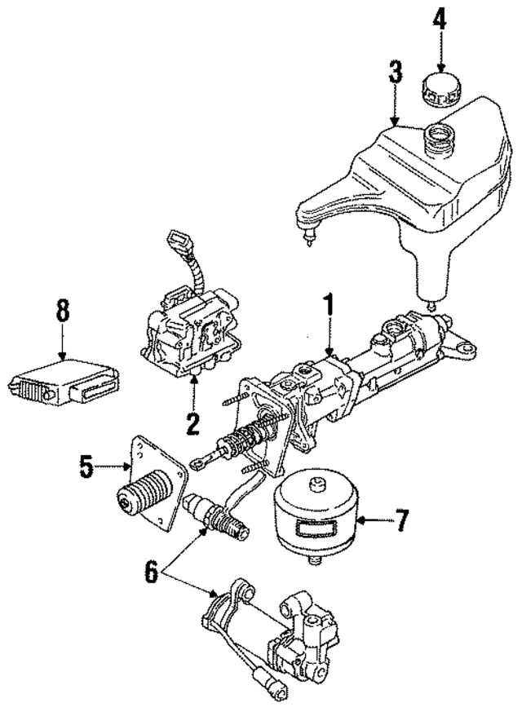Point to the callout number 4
440,19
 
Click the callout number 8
63,312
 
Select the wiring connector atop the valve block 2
177,242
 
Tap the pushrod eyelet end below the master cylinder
199,462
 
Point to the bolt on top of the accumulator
315,486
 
